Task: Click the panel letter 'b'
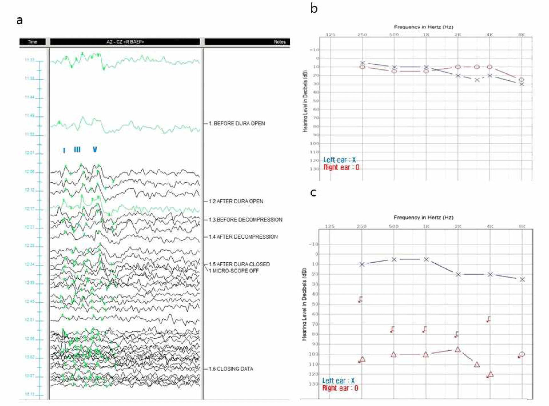(x=314, y=8)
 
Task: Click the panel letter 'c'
(x=313, y=192)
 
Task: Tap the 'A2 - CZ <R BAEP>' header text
(x=125, y=42)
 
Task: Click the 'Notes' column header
(x=280, y=42)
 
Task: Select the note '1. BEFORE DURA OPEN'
(x=237, y=123)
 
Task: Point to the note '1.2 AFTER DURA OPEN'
(x=236, y=201)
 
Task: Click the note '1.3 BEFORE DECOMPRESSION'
(x=246, y=220)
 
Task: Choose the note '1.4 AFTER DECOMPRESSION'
(x=243, y=237)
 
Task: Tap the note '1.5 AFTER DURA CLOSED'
(x=239, y=264)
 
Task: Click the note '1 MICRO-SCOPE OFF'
(x=234, y=271)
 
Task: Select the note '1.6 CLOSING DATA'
(x=231, y=369)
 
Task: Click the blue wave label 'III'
(x=77, y=150)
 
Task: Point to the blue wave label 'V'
(x=95, y=149)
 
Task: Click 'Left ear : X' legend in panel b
(x=339, y=160)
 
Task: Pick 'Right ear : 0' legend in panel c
(x=340, y=388)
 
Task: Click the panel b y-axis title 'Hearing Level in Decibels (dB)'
(x=305, y=101)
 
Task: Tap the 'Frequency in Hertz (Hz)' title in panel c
(x=423, y=217)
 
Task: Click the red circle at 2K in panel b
(x=458, y=67)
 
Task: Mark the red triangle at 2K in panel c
(x=458, y=350)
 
